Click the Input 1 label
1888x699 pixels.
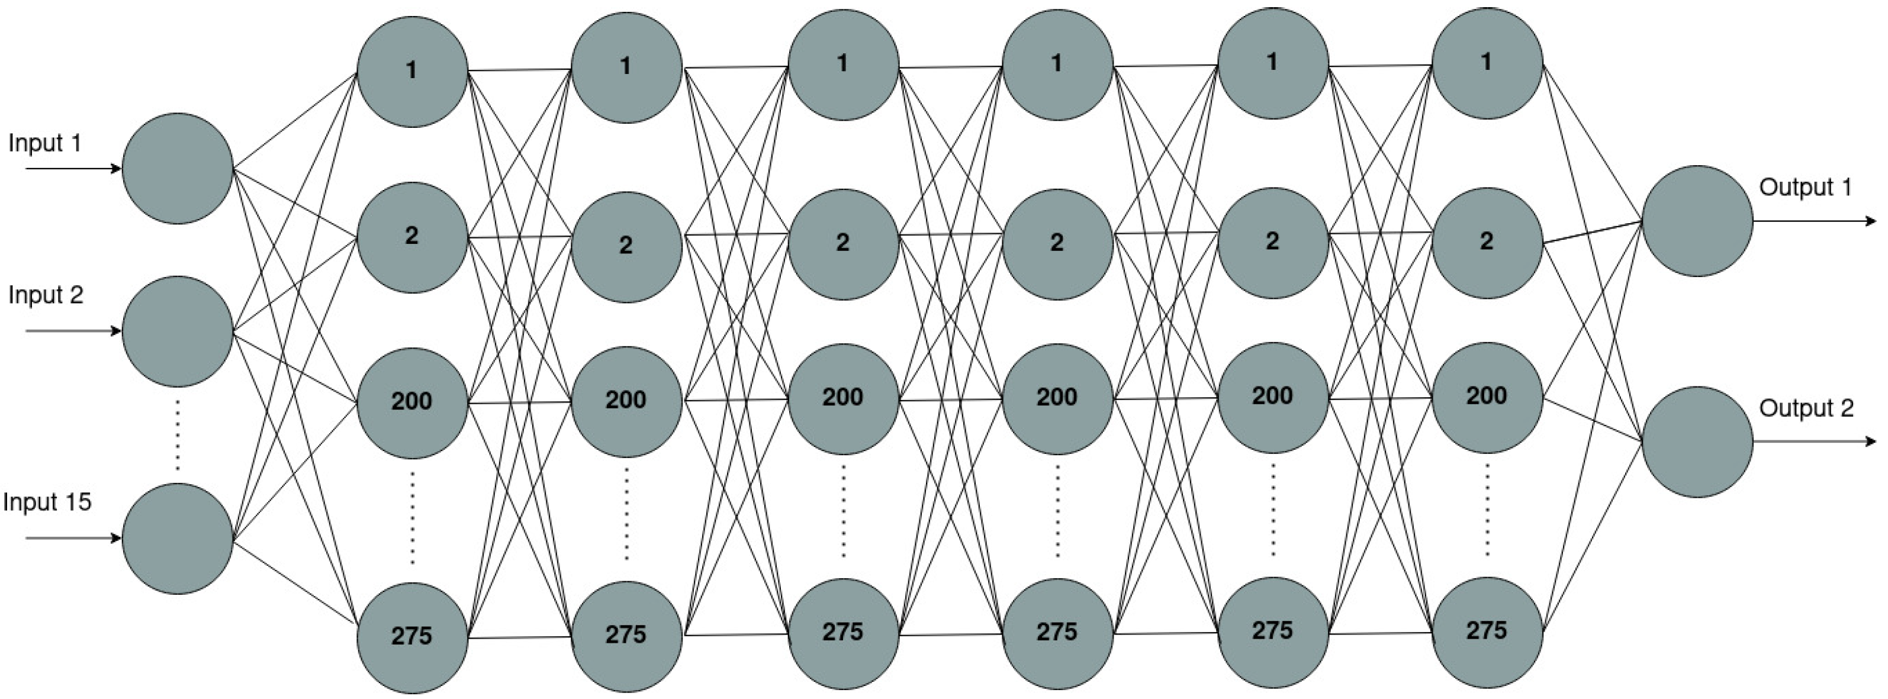(45, 143)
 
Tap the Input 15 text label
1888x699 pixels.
(47, 502)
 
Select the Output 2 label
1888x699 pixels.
(1806, 408)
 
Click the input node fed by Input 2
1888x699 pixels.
(178, 331)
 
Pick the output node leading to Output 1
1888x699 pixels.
(1697, 221)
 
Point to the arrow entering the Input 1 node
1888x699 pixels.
(73, 169)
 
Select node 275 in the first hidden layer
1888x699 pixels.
(412, 637)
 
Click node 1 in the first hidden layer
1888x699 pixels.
(412, 71)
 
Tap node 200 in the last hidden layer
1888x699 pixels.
(1487, 397)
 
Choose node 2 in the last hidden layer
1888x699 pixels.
(1487, 242)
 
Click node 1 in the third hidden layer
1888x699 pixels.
(843, 65)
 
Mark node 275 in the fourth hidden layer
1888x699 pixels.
(1057, 632)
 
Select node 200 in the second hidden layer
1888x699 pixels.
(626, 401)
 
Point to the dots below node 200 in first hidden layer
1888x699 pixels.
(412, 517)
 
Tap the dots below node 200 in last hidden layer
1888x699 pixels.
(1487, 510)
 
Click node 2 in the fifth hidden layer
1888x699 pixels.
(1272, 242)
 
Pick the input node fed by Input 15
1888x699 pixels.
(178, 539)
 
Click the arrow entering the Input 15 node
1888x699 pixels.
(73, 539)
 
